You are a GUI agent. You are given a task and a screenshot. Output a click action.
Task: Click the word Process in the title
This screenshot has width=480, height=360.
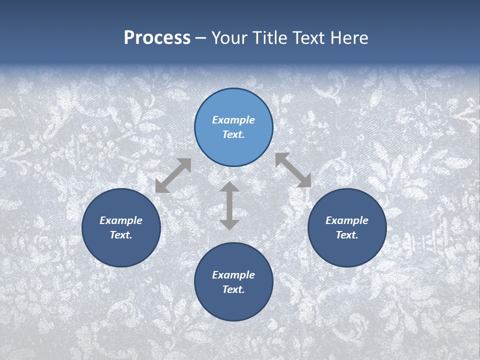[157, 38]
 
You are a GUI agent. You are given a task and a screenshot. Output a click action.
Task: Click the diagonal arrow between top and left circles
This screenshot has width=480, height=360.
[173, 175]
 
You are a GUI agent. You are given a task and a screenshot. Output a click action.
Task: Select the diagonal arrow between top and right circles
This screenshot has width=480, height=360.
[293, 170]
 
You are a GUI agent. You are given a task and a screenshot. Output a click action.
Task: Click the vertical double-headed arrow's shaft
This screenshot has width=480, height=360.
[229, 206]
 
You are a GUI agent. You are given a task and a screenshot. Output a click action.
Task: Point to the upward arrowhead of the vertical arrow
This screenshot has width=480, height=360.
[229, 187]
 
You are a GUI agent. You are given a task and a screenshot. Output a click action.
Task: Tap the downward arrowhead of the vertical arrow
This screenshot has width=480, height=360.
[229, 224]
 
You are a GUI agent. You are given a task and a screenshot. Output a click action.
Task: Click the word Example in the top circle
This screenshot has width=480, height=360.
[233, 120]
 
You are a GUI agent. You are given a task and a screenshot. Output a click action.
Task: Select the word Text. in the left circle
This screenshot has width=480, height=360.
[121, 235]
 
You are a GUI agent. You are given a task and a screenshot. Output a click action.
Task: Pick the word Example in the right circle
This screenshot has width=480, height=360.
[347, 220]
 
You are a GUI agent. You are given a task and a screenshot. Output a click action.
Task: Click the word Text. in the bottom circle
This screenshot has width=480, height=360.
[233, 289]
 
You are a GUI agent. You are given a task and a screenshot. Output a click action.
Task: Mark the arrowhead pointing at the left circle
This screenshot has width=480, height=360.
[161, 187]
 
